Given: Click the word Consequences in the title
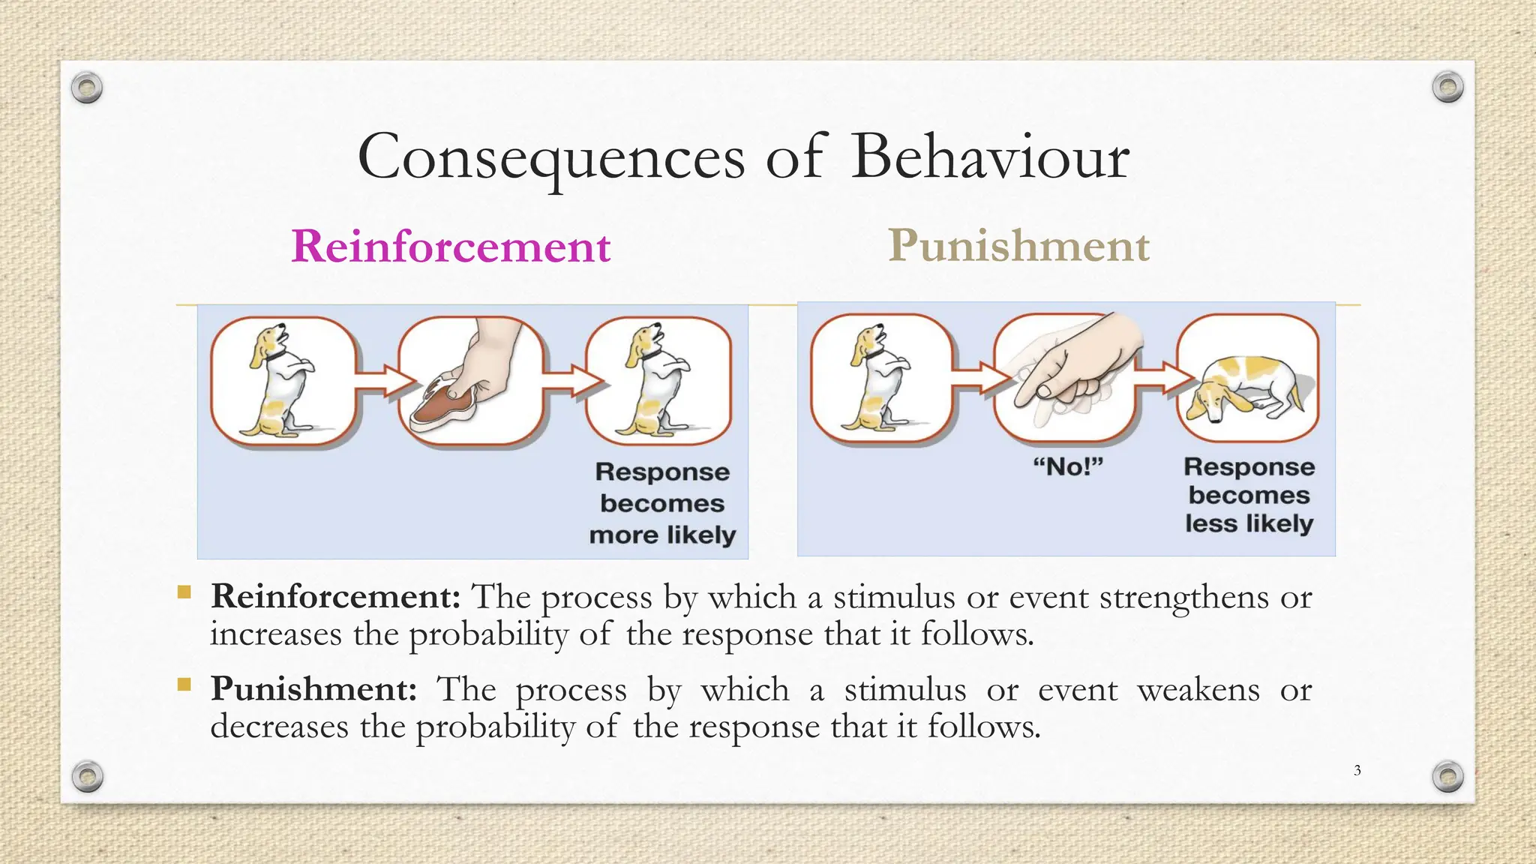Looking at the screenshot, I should tap(551, 157).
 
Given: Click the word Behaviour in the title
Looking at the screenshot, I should tap(990, 157).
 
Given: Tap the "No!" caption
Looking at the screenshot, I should tap(1068, 467).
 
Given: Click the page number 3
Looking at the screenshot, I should tap(1357, 770).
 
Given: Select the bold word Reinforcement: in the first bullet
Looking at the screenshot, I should tap(335, 597).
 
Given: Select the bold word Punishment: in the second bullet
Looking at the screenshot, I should tap(313, 688).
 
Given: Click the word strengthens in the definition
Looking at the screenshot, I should tap(1184, 598).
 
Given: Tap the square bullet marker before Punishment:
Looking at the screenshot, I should tap(184, 684).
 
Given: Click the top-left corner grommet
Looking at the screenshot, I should tap(87, 88).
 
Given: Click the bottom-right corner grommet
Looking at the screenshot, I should tap(1447, 776).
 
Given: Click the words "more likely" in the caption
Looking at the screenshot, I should tap(662, 535).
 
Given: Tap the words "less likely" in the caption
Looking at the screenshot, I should tap(1249, 523).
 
